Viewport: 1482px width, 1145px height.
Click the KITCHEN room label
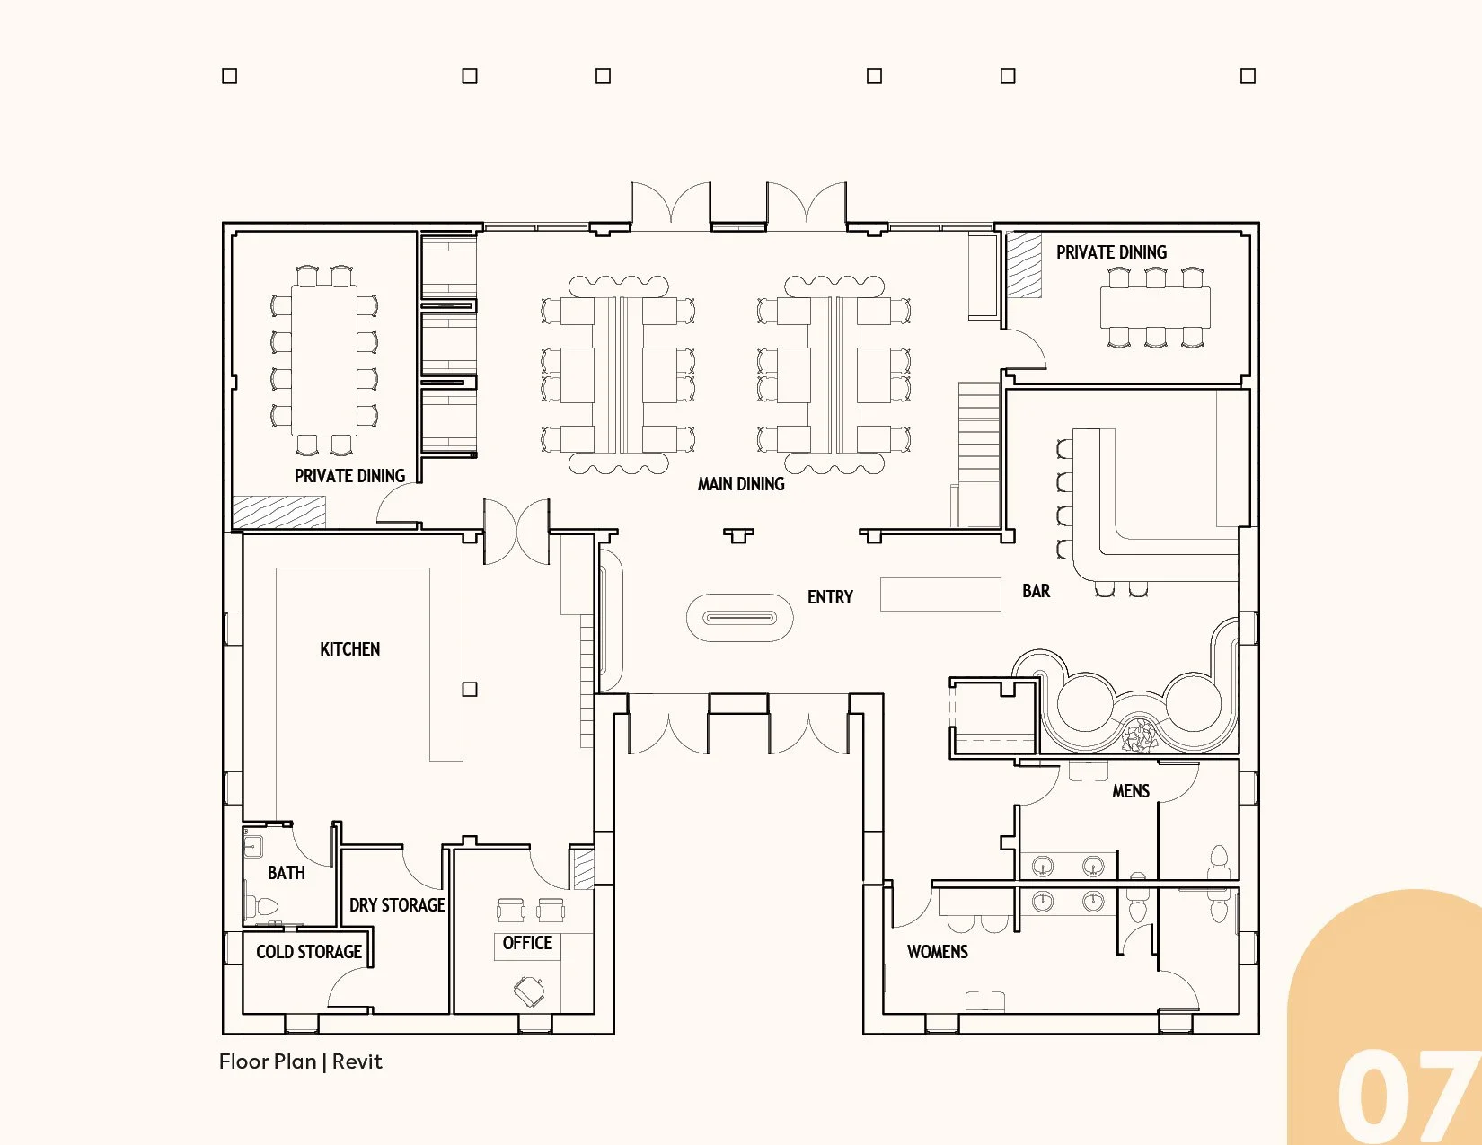(x=350, y=648)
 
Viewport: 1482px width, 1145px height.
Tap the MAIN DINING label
(x=741, y=483)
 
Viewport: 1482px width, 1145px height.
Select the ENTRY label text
(x=830, y=596)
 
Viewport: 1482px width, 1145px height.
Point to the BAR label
(x=1036, y=591)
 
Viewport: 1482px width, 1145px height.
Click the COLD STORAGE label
(x=309, y=951)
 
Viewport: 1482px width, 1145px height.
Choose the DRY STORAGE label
(x=397, y=905)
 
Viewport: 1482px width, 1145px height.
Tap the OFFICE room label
(x=527, y=942)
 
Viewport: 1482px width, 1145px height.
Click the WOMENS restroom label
(x=937, y=951)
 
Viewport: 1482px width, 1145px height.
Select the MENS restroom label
(x=1131, y=790)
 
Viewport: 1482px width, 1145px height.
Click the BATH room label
(x=286, y=872)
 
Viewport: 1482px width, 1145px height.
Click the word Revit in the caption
(x=357, y=1061)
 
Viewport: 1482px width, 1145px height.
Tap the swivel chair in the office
(x=529, y=991)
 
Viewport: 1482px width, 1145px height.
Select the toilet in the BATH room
(x=261, y=906)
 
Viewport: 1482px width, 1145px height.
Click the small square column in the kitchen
(x=469, y=689)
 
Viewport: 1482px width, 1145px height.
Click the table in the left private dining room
(x=324, y=360)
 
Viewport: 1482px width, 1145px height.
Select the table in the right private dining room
(x=1155, y=307)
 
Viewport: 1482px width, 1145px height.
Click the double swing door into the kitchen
(x=516, y=532)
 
